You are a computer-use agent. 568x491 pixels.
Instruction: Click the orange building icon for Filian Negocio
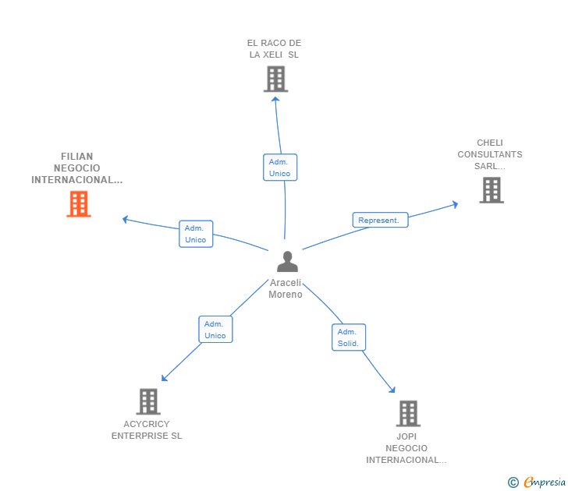[79, 204]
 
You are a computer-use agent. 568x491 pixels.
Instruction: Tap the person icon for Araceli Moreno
[287, 262]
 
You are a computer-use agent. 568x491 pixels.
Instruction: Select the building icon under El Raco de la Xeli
[275, 79]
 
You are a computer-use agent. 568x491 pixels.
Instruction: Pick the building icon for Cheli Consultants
[492, 190]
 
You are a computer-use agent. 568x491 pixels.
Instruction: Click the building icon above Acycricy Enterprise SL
[148, 401]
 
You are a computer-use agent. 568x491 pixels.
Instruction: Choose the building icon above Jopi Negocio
[408, 414]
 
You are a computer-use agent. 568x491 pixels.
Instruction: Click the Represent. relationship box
[381, 220]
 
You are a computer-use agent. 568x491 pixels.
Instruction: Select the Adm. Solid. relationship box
[349, 337]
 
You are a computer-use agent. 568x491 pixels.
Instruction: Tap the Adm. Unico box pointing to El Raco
[280, 168]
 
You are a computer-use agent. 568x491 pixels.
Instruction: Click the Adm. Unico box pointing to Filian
[196, 234]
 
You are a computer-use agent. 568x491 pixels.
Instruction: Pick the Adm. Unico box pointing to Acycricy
[215, 329]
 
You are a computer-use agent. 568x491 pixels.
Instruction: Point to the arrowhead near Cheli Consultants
[456, 204]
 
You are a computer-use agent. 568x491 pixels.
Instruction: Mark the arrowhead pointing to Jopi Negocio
[392, 390]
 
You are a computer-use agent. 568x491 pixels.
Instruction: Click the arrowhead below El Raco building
[275, 99]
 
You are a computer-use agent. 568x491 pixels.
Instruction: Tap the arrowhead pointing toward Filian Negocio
[125, 219]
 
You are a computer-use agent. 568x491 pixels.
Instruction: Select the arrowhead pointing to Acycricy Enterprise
[164, 378]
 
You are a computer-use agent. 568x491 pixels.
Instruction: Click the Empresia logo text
[545, 482]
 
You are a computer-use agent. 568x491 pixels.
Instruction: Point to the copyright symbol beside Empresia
[513, 482]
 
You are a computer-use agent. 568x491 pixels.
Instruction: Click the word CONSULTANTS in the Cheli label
[490, 154]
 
